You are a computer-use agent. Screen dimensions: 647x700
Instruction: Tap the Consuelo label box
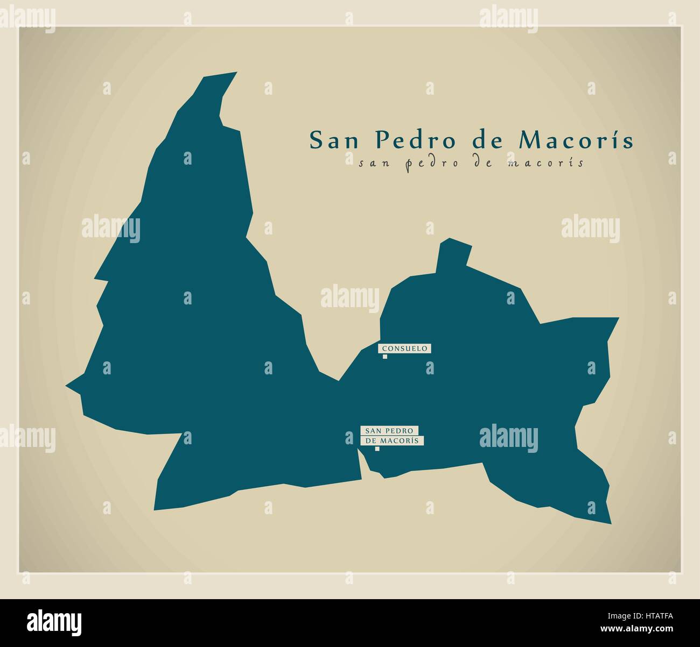tap(404, 349)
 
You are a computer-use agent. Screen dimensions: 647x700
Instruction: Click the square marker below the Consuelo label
tap(385, 356)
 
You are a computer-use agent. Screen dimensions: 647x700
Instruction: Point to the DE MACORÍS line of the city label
tap(392, 440)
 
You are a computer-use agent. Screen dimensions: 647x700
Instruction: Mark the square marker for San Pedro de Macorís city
tap(377, 449)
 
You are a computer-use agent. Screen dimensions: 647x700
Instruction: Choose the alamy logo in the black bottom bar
tap(54, 620)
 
